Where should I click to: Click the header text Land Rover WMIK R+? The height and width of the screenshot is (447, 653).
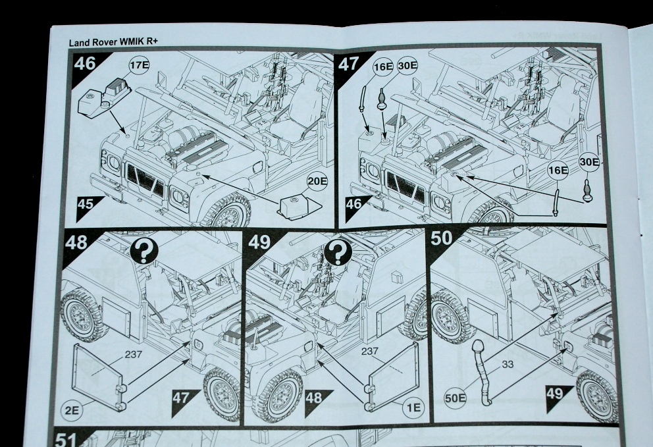pos(115,43)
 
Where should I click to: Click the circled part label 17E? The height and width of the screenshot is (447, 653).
pos(140,66)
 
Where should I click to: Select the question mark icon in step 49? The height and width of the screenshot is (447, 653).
pos(338,251)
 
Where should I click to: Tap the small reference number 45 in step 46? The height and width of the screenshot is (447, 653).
pos(86,204)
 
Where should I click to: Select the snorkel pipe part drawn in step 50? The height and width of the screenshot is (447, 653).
pos(482,372)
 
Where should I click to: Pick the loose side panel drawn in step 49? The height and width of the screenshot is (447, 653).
pos(394,372)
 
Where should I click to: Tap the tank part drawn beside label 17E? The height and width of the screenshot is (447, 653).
pos(98,99)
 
